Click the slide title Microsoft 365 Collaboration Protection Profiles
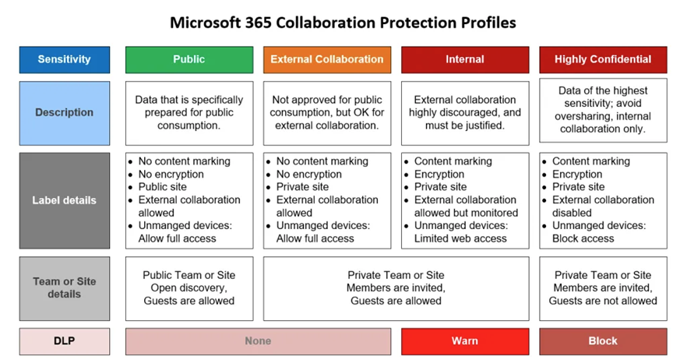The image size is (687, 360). pyautogui.click(x=343, y=23)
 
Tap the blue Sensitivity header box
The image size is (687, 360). pyautogui.click(x=65, y=60)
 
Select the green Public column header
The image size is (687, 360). pyautogui.click(x=189, y=60)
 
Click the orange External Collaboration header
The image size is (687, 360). pyautogui.click(x=327, y=60)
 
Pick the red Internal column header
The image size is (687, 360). pyautogui.click(x=465, y=60)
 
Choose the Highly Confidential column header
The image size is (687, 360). pyautogui.click(x=603, y=60)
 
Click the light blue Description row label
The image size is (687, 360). pyautogui.click(x=65, y=113)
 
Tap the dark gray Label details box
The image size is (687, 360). pyautogui.click(x=65, y=201)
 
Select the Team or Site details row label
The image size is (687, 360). pyautogui.click(x=65, y=288)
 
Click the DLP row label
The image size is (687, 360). pyautogui.click(x=65, y=341)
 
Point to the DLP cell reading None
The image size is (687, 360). pyautogui.click(x=258, y=341)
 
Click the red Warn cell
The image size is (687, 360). pyautogui.click(x=465, y=341)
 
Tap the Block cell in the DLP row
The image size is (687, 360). pyautogui.click(x=603, y=341)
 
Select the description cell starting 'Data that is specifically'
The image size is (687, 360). pyautogui.click(x=189, y=113)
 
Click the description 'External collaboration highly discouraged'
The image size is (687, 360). pyautogui.click(x=465, y=113)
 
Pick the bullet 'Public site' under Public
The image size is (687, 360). pyautogui.click(x=163, y=187)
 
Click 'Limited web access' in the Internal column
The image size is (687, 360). pyautogui.click(x=460, y=238)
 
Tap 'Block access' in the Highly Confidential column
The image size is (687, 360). pyautogui.click(x=583, y=238)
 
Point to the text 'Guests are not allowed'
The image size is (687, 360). pyautogui.click(x=603, y=301)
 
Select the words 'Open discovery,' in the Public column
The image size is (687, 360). pyautogui.click(x=188, y=288)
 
